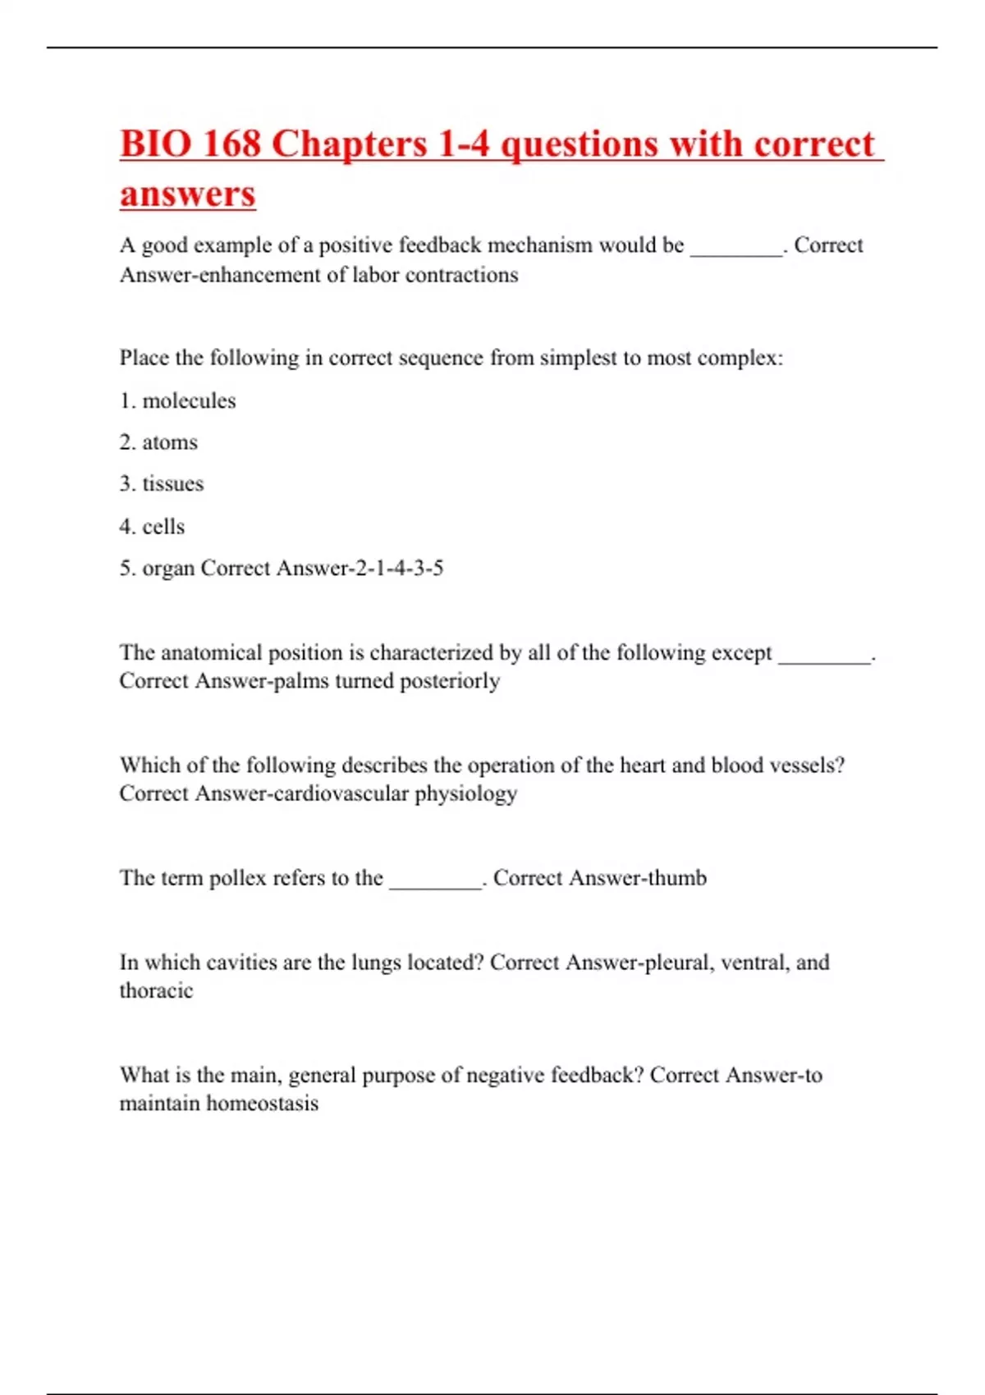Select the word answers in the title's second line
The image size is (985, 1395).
(x=188, y=194)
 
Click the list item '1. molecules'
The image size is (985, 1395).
(x=177, y=401)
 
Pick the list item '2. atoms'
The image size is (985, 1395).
(x=158, y=442)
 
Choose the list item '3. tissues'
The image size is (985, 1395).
(x=162, y=484)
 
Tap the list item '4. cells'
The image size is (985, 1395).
(x=152, y=527)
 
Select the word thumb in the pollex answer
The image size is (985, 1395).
(x=676, y=878)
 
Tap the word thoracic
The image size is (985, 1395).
(x=156, y=991)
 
